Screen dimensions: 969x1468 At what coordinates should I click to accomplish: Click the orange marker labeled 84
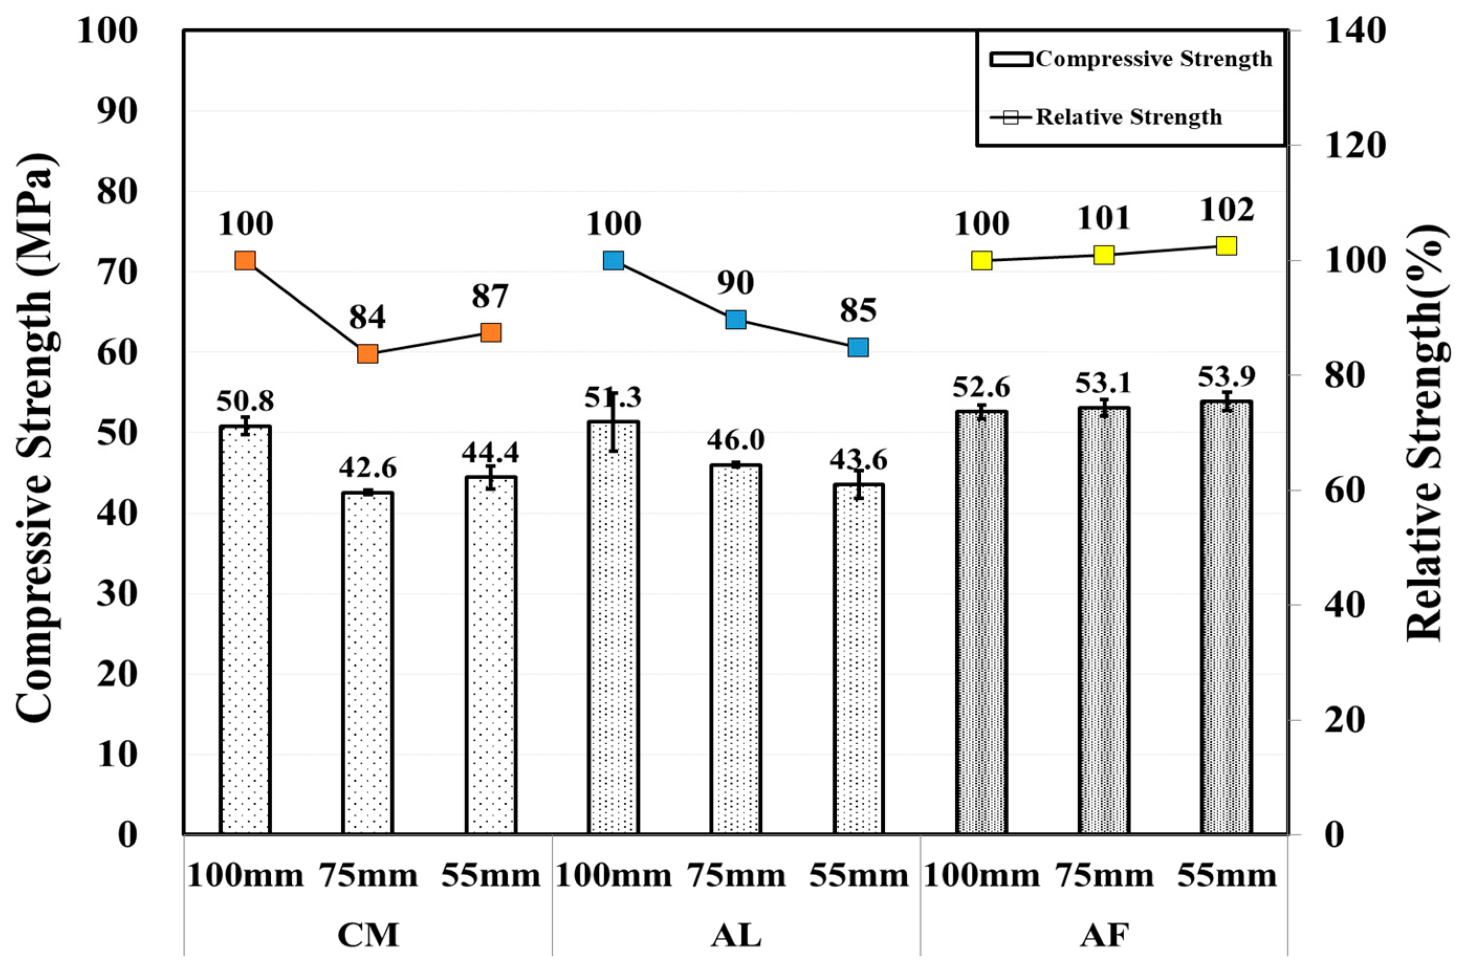click(x=367, y=354)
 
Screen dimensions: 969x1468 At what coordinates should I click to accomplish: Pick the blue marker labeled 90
click(x=736, y=320)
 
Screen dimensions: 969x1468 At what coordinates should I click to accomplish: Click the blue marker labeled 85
click(x=858, y=347)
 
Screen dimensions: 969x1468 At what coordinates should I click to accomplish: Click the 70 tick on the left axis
click(x=117, y=272)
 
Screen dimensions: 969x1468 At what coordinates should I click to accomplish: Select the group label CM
click(x=367, y=935)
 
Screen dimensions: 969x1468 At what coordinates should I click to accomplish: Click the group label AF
click(x=1104, y=935)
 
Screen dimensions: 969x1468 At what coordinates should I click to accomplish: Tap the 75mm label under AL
click(x=736, y=876)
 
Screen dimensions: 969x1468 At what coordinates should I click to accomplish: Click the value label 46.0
click(x=736, y=440)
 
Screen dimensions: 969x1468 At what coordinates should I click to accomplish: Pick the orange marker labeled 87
click(x=490, y=333)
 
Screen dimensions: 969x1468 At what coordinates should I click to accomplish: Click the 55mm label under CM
click(x=490, y=876)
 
